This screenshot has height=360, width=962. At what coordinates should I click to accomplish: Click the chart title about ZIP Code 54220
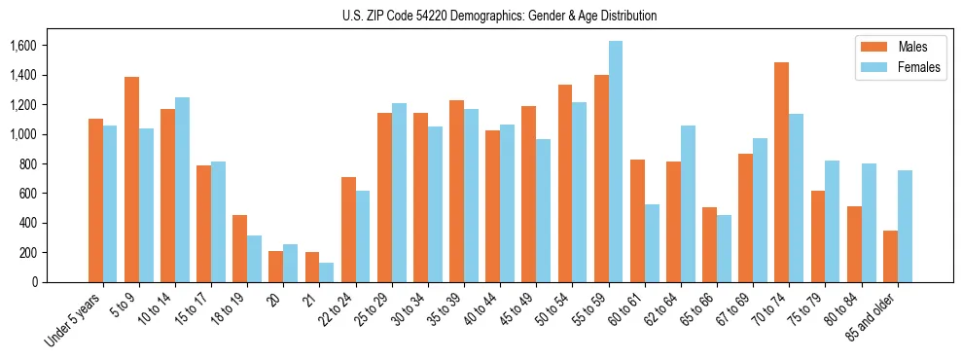pyautogui.click(x=500, y=16)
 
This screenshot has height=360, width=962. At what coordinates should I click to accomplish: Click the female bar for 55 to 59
pyautogui.click(x=616, y=162)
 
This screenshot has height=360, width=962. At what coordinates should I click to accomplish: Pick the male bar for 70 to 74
pyautogui.click(x=781, y=172)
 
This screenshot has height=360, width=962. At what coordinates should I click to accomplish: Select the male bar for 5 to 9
pyautogui.click(x=131, y=179)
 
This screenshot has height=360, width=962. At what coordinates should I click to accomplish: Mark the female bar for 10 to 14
pyautogui.click(x=182, y=190)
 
